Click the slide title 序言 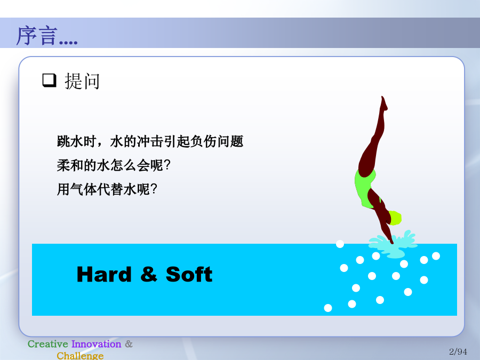37,36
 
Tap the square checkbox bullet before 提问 49,80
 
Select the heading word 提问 82,82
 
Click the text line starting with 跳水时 150,141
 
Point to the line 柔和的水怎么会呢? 113,165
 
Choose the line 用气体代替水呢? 107,189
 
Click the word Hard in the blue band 104,274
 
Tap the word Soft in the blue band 189,274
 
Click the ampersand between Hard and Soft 149,274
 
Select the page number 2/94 458,351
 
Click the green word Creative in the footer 48,344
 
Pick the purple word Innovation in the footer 96,344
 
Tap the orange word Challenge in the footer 80,356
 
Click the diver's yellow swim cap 395,218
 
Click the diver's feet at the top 384,103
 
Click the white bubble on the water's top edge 340,244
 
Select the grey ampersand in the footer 129,344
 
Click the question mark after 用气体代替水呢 154,189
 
